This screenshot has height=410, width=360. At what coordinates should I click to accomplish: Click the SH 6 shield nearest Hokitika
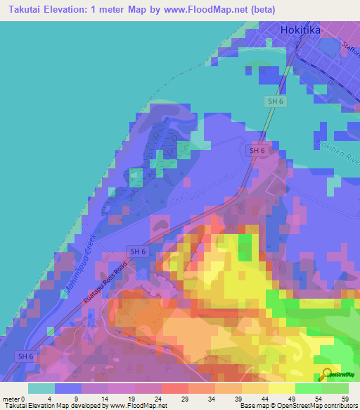pos(276,101)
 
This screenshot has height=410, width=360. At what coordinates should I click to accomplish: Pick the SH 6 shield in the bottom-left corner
pos(25,356)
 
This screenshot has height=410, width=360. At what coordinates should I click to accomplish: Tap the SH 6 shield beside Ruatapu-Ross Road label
pos(136,251)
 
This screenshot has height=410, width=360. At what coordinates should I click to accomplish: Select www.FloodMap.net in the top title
pos(204,10)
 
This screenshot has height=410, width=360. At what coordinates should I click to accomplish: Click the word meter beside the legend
pos(11,399)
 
